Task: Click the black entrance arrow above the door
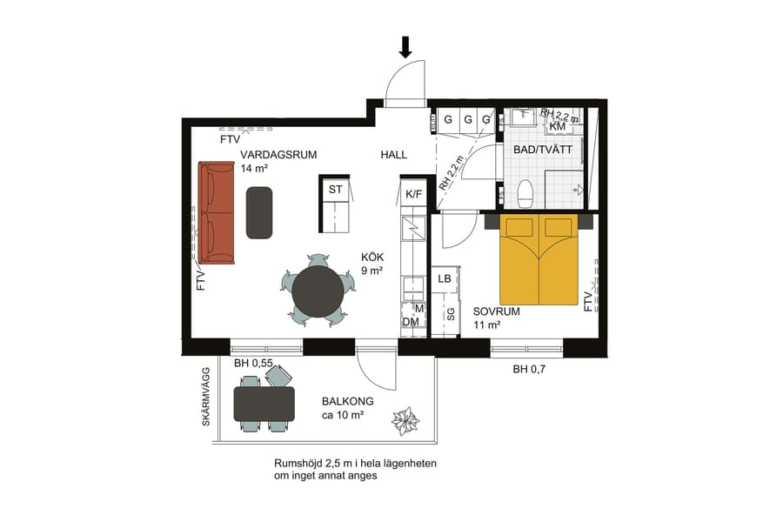tap(405, 46)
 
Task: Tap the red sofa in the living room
tap(216, 212)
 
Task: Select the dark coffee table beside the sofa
tap(260, 211)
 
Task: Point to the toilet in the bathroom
tap(525, 194)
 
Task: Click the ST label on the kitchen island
tap(335, 189)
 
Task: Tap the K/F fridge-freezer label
tap(413, 194)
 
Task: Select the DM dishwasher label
tap(411, 322)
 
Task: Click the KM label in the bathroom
tap(558, 126)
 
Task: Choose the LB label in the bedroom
tap(445, 279)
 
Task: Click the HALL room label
tap(394, 155)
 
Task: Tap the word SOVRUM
tap(497, 311)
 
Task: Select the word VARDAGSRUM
tap(278, 155)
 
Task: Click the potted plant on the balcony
tap(405, 422)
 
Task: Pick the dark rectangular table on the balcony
tap(264, 403)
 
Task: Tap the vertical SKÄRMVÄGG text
tap(206, 396)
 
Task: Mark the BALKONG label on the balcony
tap(347, 401)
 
